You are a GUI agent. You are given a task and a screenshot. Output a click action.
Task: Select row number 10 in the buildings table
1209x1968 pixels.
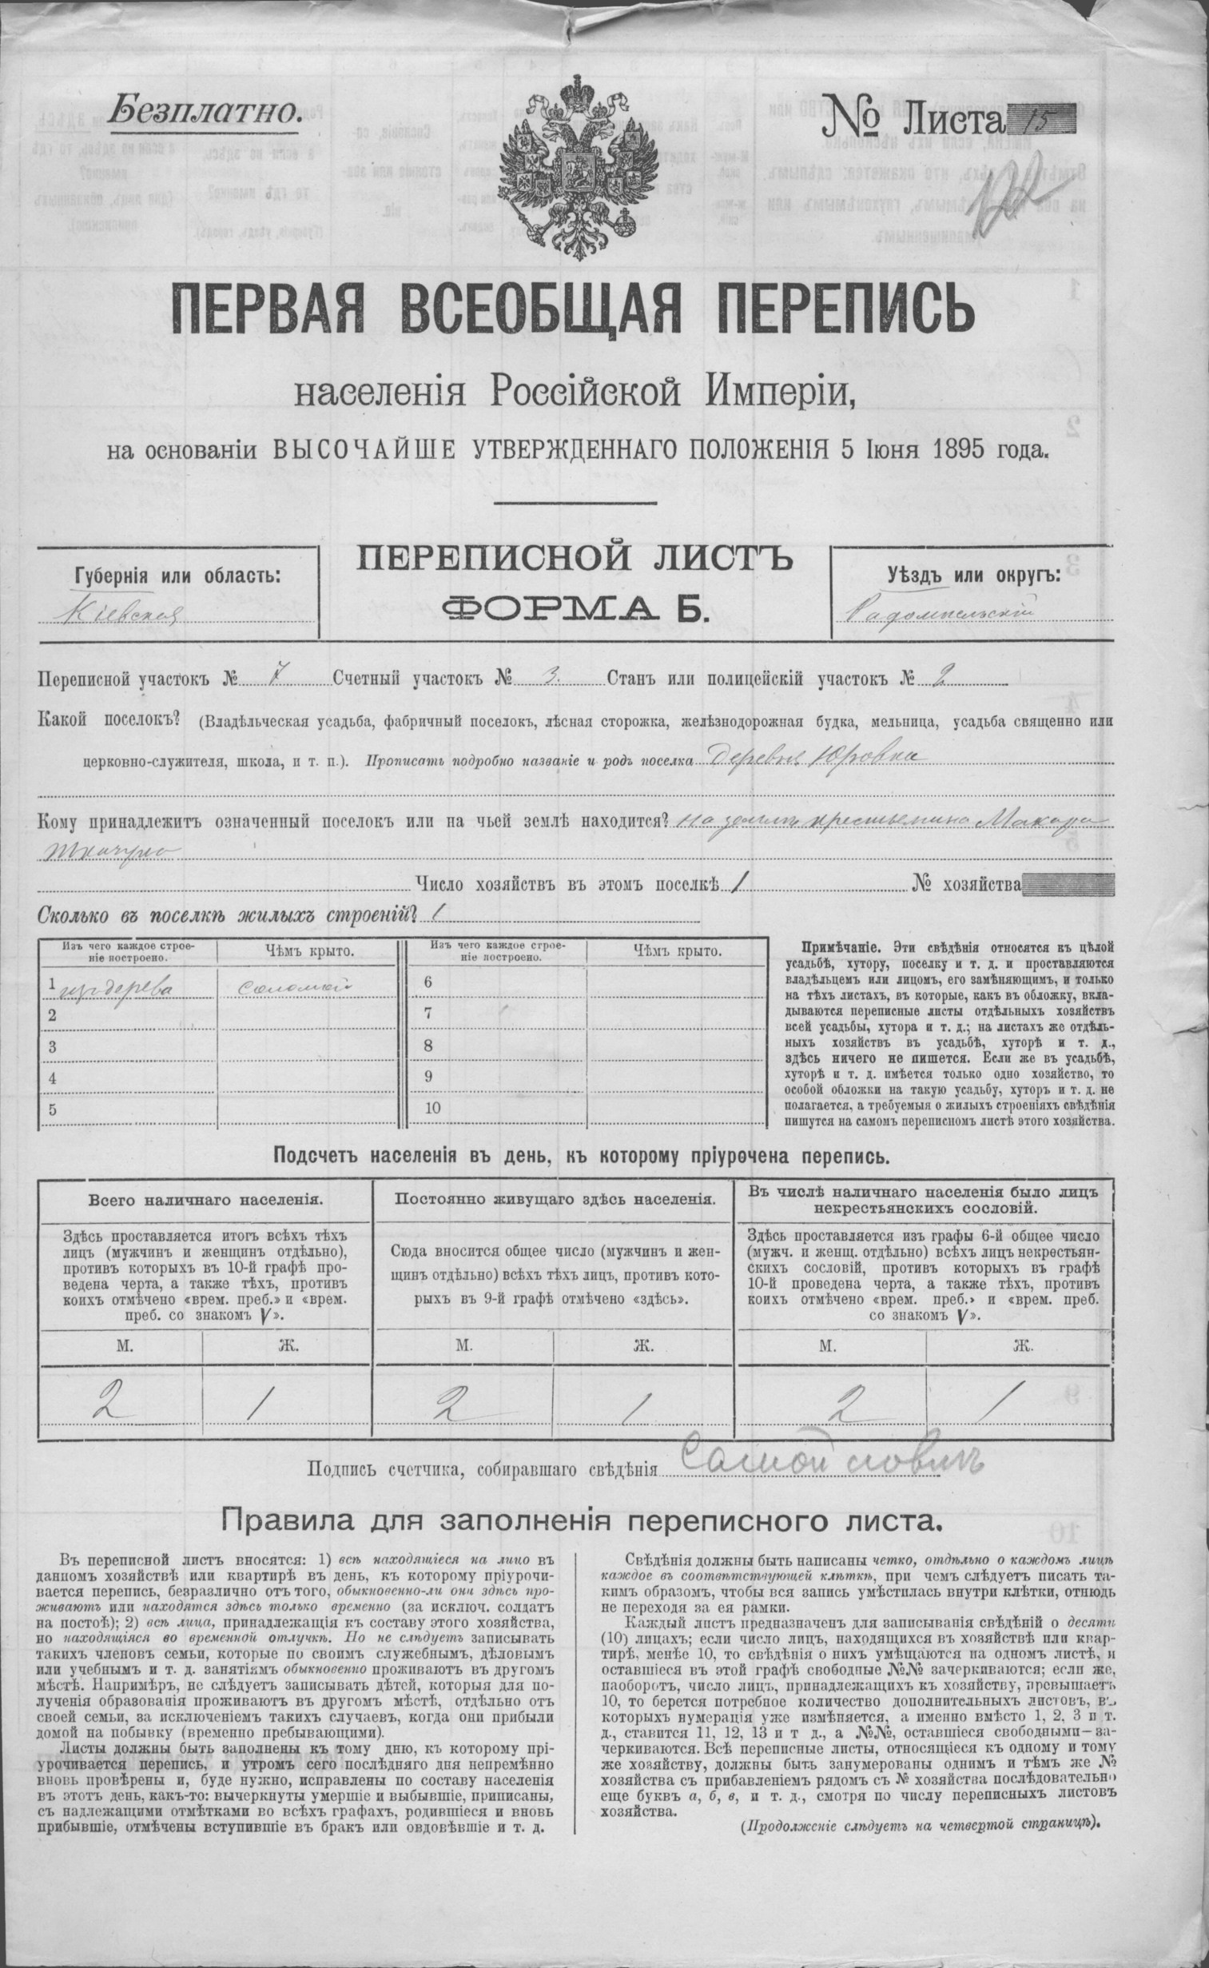[432, 1109]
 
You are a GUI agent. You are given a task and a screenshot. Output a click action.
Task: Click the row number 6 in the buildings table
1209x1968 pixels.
[428, 982]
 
